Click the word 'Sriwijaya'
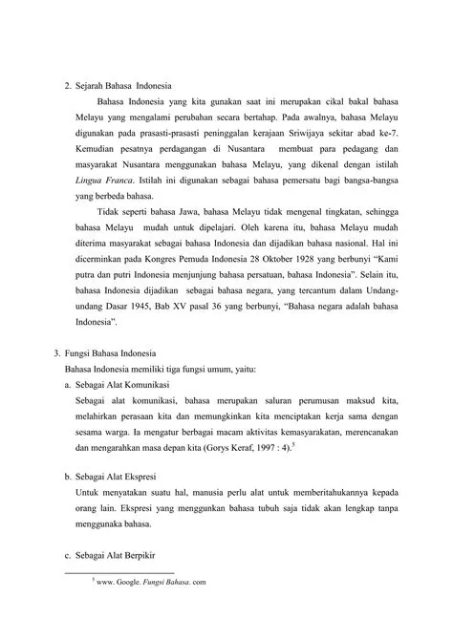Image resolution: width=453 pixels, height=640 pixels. point(328,135)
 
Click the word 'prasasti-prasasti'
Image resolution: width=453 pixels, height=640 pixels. point(157,135)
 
